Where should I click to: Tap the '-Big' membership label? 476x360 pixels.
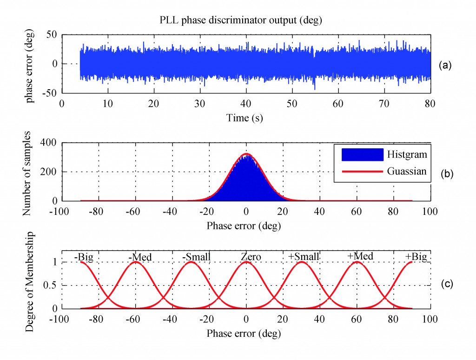click(x=85, y=257)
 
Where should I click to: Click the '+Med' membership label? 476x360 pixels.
click(x=360, y=256)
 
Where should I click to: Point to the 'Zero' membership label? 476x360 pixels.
click(x=251, y=257)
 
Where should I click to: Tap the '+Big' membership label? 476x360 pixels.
click(x=416, y=257)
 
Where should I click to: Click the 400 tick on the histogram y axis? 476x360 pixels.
click(x=49, y=143)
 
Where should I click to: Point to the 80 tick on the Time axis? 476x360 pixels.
click(x=430, y=103)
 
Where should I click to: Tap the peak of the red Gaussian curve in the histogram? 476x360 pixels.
click(x=246, y=153)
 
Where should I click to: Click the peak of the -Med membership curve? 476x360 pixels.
click(x=135, y=262)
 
